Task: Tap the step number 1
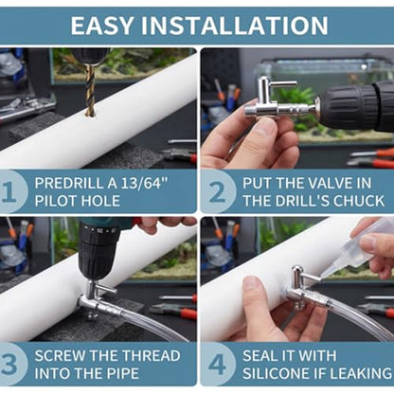point(9,191)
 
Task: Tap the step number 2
point(217,191)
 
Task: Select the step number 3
point(9,364)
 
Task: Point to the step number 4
point(217,364)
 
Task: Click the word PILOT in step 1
point(54,201)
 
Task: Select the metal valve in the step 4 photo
point(300,287)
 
